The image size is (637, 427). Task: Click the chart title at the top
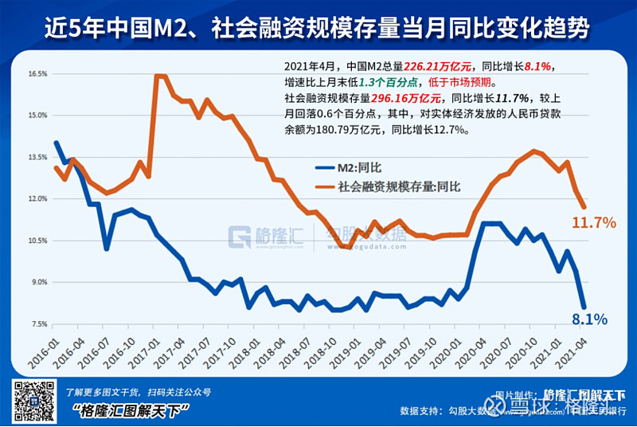click(318, 29)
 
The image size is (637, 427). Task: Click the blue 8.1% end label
click(589, 319)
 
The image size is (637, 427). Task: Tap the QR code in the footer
click(33, 402)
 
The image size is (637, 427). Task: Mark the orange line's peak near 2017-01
click(157, 76)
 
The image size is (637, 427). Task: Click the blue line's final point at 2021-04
click(584, 307)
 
